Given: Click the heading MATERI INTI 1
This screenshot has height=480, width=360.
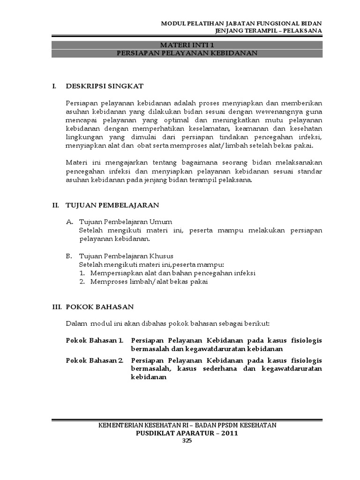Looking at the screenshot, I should (x=187, y=45).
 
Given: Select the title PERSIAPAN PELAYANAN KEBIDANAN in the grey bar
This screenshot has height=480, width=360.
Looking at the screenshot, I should (x=187, y=53).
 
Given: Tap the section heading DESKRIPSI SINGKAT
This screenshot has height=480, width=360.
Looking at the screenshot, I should (x=105, y=86).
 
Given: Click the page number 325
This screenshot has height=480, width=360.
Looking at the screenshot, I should (x=187, y=441).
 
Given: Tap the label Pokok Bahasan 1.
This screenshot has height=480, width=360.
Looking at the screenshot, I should (x=94, y=340).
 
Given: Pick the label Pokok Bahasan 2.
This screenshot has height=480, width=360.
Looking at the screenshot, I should (x=94, y=360).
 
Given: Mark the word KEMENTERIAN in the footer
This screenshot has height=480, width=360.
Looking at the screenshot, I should (x=120, y=425).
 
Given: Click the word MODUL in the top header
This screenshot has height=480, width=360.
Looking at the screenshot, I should (x=173, y=23).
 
